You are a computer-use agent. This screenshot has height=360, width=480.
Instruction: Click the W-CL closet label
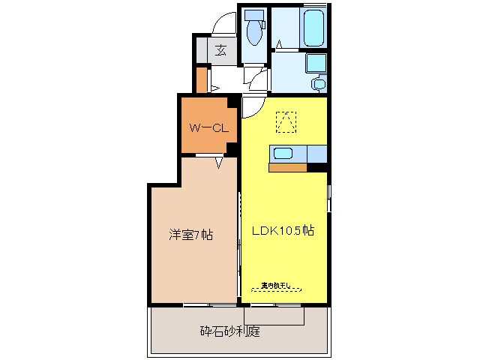(x=208, y=128)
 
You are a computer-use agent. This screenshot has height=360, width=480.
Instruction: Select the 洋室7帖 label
(x=190, y=235)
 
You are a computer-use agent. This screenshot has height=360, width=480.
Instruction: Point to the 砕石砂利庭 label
(x=229, y=331)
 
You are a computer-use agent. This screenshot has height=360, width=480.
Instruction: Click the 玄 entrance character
(x=220, y=50)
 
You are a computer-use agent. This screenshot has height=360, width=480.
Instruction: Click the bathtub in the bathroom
(x=313, y=28)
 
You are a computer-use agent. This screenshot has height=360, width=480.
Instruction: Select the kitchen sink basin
(x=283, y=154)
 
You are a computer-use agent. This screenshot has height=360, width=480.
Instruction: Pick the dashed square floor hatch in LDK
(x=286, y=121)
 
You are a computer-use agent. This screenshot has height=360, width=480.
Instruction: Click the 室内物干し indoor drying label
(x=280, y=286)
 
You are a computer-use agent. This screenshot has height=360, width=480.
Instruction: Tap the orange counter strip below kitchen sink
(x=287, y=166)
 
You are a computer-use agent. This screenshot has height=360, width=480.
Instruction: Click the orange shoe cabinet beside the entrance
(x=201, y=79)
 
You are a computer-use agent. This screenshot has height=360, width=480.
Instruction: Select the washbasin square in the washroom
(x=316, y=62)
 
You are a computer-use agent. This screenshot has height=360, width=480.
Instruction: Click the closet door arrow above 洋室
(x=220, y=162)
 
